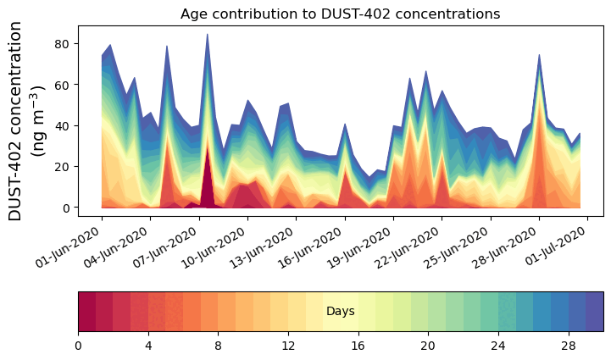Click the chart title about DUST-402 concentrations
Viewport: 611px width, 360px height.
click(340, 14)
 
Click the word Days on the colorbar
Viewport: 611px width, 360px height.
click(340, 312)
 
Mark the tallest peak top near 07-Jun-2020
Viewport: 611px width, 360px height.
click(207, 35)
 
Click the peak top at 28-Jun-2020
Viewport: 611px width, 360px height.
click(539, 55)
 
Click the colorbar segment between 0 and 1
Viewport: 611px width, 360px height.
click(86, 311)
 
